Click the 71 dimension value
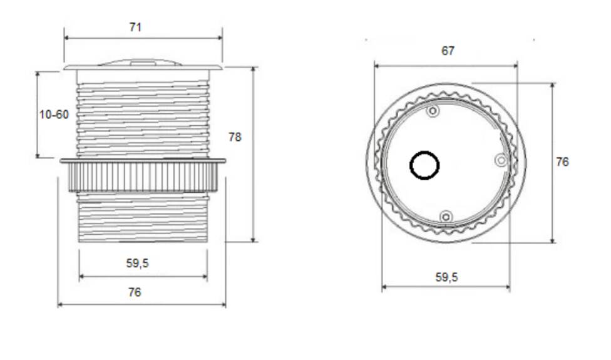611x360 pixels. (136, 27)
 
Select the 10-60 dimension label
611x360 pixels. (53, 115)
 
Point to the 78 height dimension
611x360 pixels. (235, 137)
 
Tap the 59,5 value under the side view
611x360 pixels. (137, 264)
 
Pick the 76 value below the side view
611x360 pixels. (135, 292)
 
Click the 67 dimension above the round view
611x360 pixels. (448, 51)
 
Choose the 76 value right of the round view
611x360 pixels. (562, 162)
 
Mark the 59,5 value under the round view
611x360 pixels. (446, 277)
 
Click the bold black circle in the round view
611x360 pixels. (424, 166)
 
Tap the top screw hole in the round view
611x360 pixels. (433, 111)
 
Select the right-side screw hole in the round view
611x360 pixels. (501, 160)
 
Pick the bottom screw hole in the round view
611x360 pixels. (446, 217)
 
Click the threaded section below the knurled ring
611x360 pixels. (143, 217)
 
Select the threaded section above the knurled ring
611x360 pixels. (143, 119)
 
